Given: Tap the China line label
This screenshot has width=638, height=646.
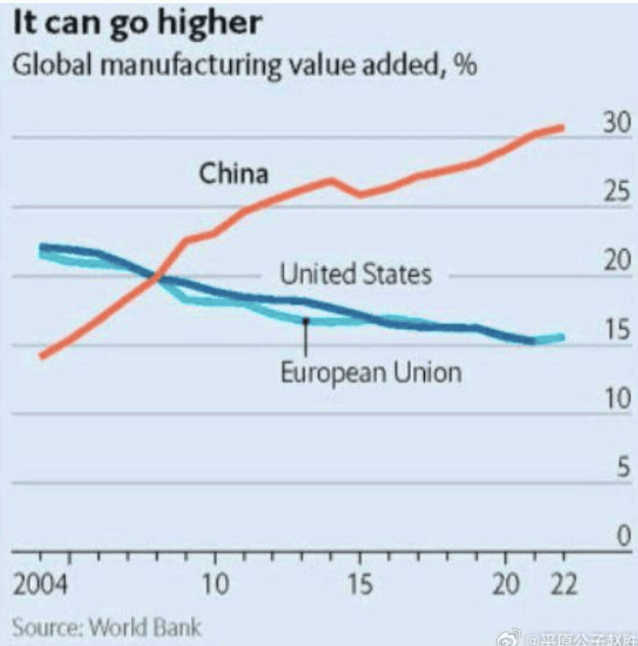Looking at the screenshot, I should click(x=233, y=173).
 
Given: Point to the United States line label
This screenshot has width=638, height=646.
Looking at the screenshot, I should click(x=355, y=275).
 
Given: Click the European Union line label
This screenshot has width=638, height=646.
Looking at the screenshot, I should click(x=371, y=372).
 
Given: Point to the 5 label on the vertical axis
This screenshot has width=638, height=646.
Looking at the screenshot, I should click(x=621, y=468).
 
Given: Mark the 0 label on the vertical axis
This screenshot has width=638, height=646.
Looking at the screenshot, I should click(x=621, y=536).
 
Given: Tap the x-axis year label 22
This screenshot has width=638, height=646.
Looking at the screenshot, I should click(x=565, y=586).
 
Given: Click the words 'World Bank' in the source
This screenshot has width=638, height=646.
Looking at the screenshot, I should click(x=144, y=625).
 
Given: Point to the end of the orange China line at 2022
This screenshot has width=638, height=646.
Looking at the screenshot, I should click(x=562, y=127).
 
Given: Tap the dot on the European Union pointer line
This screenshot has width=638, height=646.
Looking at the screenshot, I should click(x=306, y=321).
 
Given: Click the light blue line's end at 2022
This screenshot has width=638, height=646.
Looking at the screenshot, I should click(x=562, y=337).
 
